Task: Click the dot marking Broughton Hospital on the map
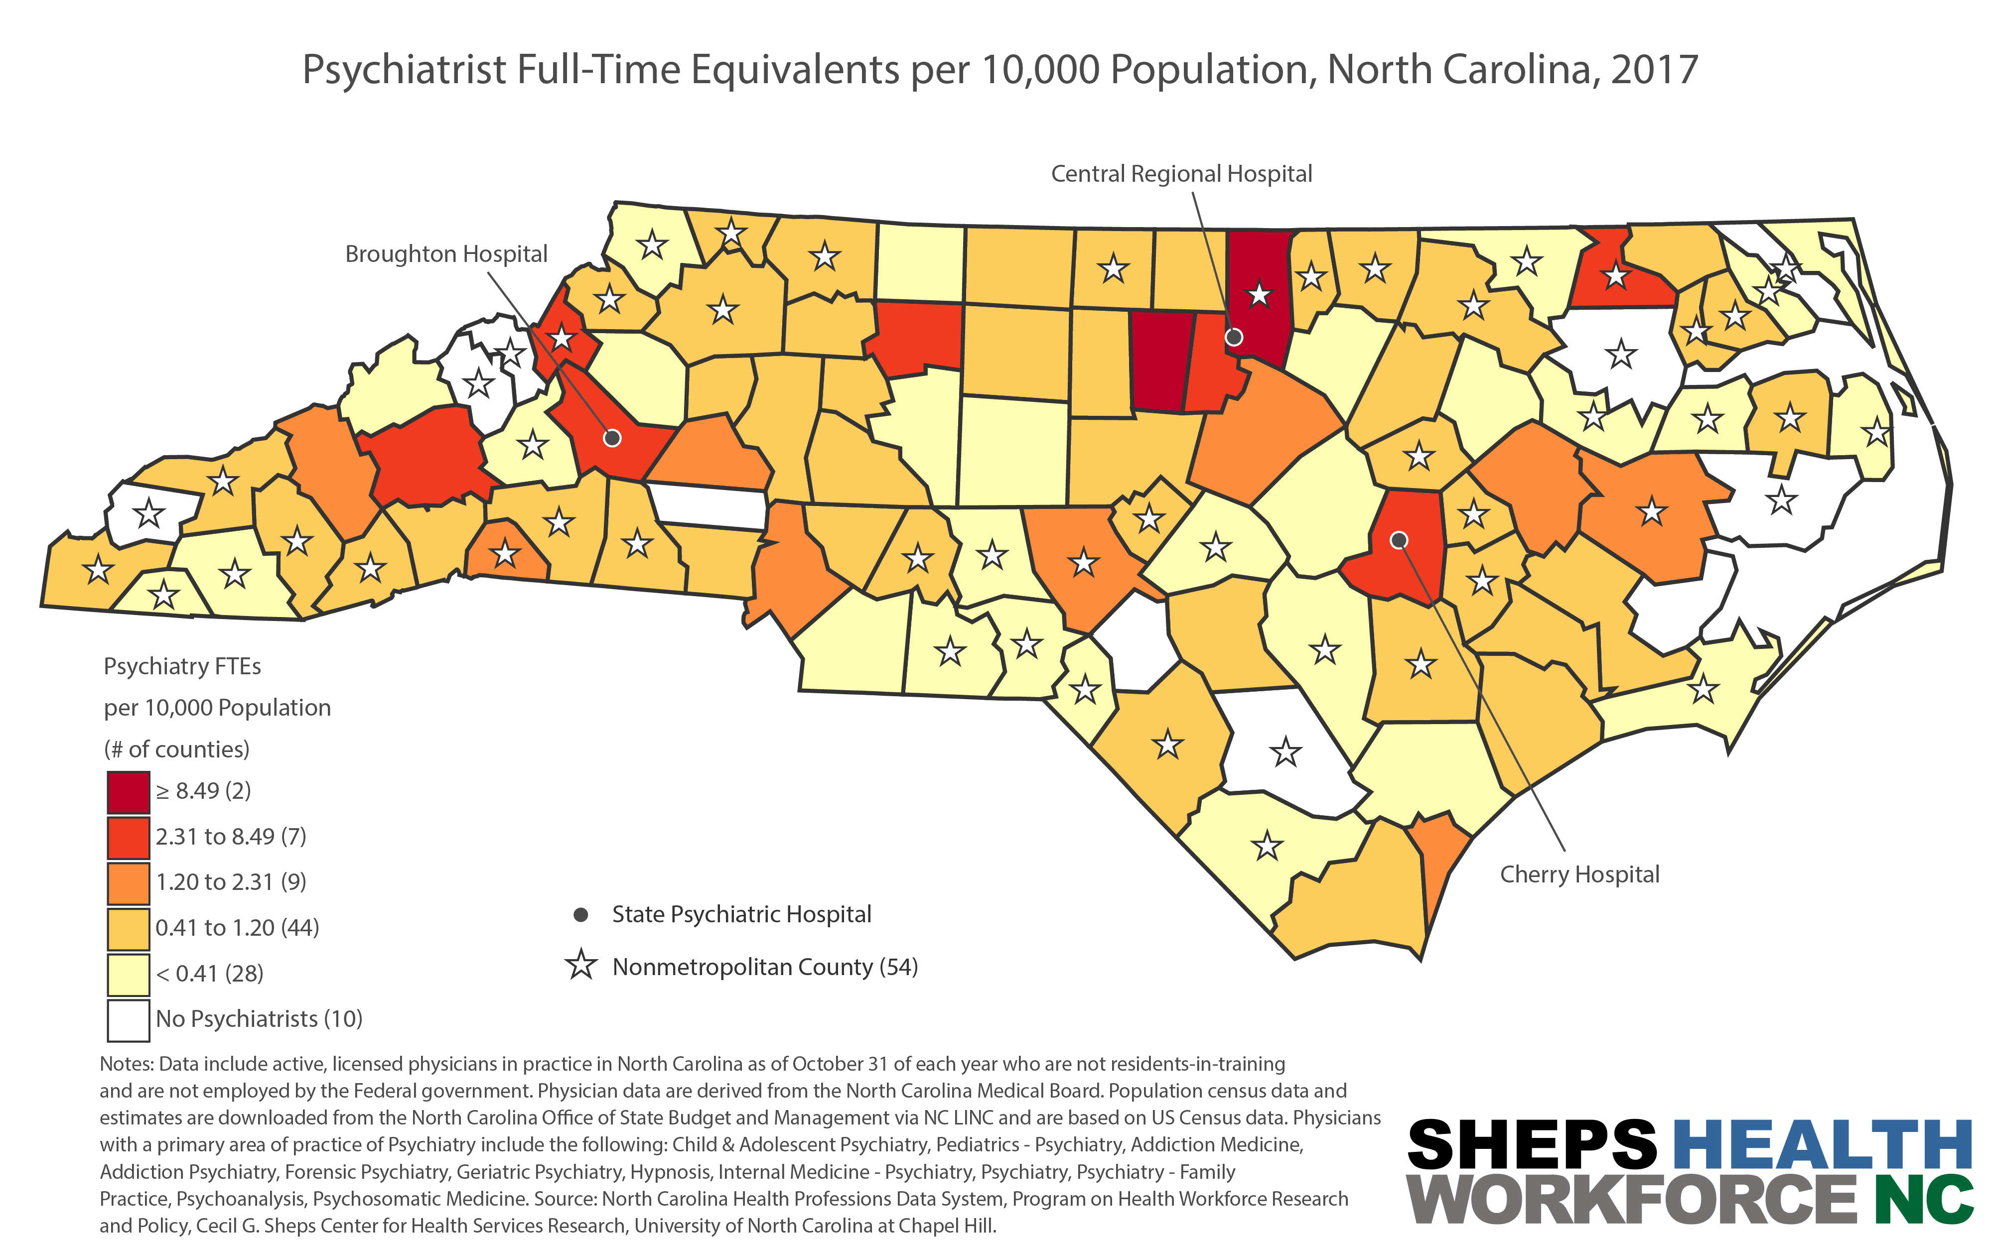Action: point(612,438)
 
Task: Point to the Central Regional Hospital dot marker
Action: point(1234,337)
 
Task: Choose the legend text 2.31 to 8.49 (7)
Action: point(231,837)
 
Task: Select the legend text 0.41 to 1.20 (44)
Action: point(237,928)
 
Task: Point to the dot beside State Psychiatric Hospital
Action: point(580,914)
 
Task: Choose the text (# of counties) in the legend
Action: point(176,749)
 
